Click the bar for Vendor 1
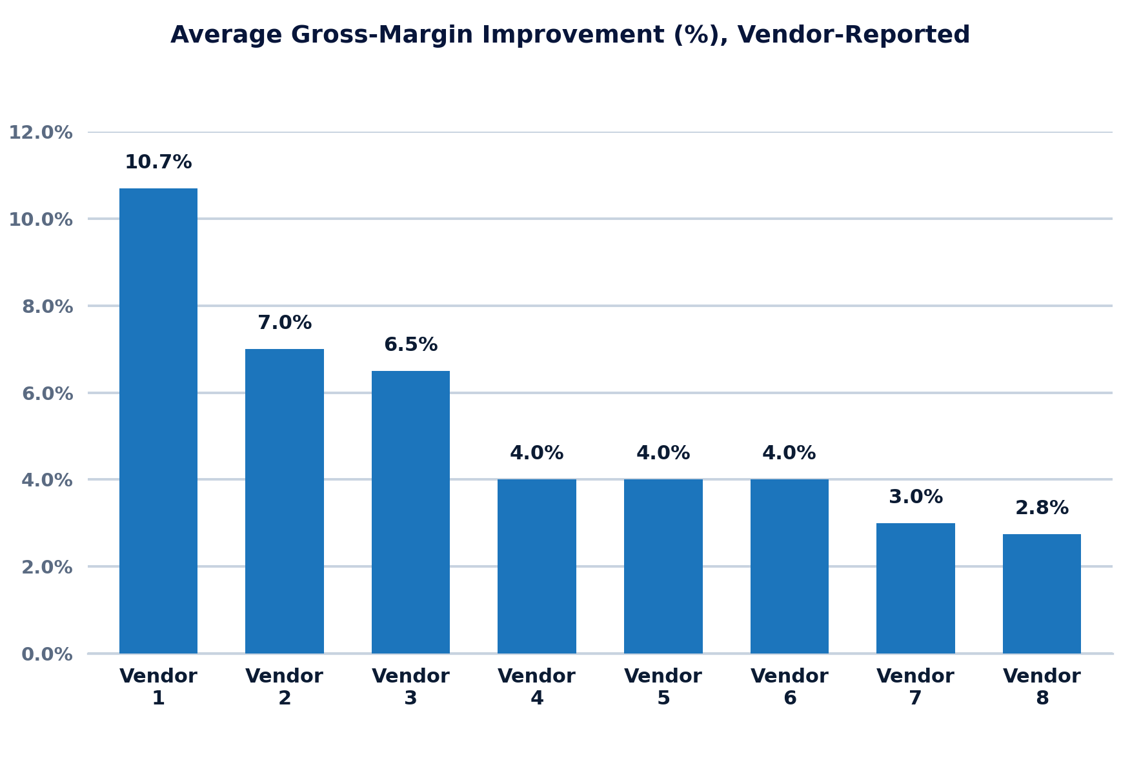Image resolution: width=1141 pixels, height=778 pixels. point(158,421)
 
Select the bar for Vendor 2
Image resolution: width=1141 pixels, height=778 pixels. point(285,501)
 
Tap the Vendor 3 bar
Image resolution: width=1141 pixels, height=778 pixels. point(410,512)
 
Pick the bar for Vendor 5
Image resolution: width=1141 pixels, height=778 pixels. point(663,566)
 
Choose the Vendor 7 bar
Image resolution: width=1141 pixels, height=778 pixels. point(916,588)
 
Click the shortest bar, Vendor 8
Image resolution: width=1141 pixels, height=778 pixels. point(1042,593)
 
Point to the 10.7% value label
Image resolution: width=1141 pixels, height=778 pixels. point(158,163)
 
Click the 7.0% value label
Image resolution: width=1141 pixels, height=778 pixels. point(285,323)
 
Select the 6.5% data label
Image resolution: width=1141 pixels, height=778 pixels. point(410,345)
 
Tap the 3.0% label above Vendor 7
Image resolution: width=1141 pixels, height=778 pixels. point(916,497)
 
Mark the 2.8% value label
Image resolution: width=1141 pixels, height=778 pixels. point(1042,508)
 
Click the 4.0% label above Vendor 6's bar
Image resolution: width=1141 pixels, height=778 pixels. point(789,454)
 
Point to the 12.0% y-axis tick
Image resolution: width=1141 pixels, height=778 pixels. point(41,133)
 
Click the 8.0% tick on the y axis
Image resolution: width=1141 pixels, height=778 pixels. point(47,306)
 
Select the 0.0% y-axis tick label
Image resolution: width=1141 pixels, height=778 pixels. point(47,654)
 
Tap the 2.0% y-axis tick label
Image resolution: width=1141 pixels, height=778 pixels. point(47,567)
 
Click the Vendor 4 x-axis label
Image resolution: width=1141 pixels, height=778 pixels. point(537,687)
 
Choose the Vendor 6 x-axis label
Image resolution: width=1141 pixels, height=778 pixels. point(789,687)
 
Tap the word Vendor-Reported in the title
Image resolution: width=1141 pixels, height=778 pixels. point(854,35)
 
